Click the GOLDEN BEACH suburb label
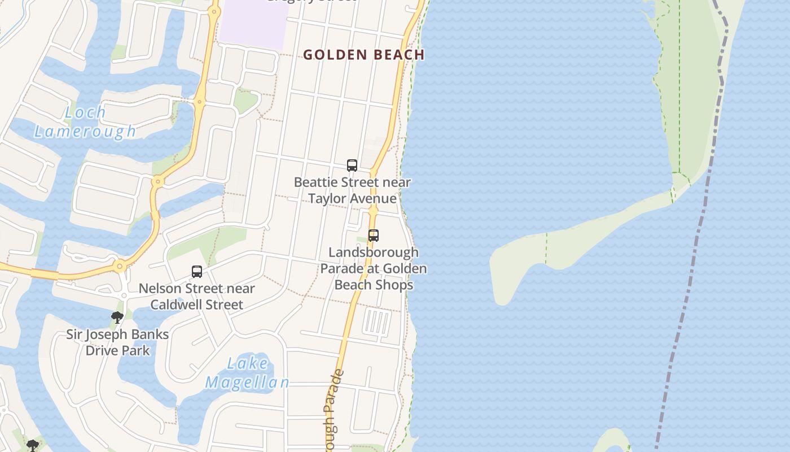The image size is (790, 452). click(363, 55)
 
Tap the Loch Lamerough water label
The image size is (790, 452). click(85, 121)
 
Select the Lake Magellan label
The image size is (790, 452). click(247, 372)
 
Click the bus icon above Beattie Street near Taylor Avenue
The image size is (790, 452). click(352, 166)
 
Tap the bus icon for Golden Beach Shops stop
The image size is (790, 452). click(373, 236)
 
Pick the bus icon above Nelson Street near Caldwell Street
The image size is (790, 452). click(197, 272)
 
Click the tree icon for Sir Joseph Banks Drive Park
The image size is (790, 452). click(117, 318)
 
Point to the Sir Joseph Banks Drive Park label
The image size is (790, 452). click(117, 342)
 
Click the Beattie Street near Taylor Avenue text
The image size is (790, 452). click(352, 190)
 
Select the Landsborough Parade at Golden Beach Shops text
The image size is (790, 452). click(374, 268)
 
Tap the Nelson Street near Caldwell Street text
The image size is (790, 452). click(197, 297)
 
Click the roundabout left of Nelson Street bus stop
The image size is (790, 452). click(120, 266)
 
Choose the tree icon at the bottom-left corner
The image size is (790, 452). click(33, 446)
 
